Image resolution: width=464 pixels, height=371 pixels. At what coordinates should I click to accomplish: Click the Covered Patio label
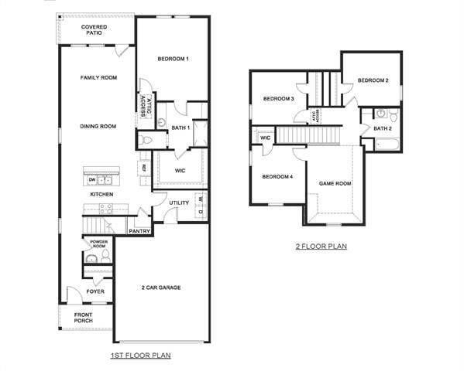pyautogui.click(x=95, y=30)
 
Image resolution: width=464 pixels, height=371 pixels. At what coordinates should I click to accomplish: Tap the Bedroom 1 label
pyautogui.click(x=174, y=60)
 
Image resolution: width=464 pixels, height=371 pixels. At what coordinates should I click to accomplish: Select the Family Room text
pyautogui.click(x=98, y=77)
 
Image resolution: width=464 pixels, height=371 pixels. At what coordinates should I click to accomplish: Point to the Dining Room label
pyautogui.click(x=98, y=126)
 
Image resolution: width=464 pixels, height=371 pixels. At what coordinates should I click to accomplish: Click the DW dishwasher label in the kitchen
pyautogui.click(x=92, y=179)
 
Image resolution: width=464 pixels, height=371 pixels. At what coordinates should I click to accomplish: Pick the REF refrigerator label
pyautogui.click(x=144, y=167)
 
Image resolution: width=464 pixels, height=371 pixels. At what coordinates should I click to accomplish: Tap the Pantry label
pyautogui.click(x=139, y=230)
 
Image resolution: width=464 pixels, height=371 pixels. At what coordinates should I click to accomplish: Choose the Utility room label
pyautogui.click(x=179, y=203)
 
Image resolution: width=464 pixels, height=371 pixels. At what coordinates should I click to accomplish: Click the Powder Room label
pyautogui.click(x=98, y=243)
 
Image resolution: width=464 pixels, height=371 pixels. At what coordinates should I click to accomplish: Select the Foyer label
pyautogui.click(x=95, y=291)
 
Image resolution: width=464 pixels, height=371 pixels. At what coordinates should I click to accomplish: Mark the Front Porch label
pyautogui.click(x=83, y=318)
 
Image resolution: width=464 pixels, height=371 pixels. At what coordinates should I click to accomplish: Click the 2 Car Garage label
pyautogui.click(x=160, y=288)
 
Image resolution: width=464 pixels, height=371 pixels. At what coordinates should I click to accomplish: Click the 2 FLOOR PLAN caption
pyautogui.click(x=321, y=247)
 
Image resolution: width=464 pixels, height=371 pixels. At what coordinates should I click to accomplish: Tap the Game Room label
pyautogui.click(x=335, y=184)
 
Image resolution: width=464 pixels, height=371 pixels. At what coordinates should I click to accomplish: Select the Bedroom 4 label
pyautogui.click(x=277, y=177)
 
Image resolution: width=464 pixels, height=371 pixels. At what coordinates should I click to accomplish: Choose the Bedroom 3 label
pyautogui.click(x=278, y=99)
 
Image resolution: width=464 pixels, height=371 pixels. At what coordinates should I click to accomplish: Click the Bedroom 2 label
pyautogui.click(x=373, y=80)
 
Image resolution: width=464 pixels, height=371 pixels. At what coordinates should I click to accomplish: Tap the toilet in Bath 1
pyautogui.click(x=146, y=141)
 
